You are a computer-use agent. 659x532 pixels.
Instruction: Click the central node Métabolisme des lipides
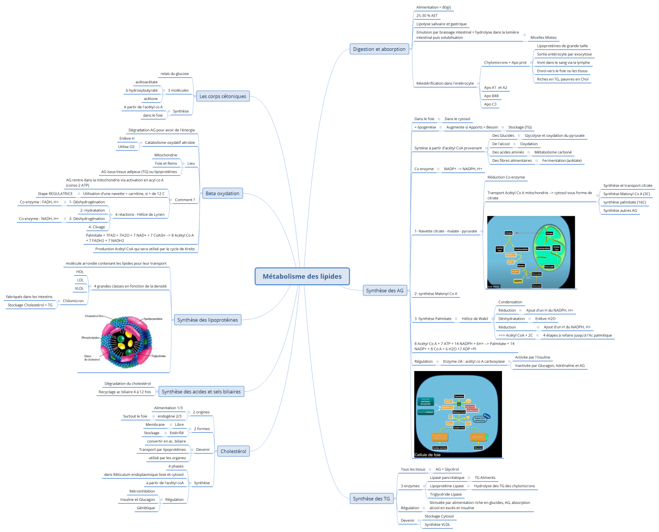302,276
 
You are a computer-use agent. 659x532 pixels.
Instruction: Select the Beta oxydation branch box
222,193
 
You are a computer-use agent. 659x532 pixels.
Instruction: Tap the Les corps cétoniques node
223,96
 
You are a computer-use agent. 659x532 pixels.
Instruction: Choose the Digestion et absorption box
379,49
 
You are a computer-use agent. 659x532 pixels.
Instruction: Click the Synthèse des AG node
385,290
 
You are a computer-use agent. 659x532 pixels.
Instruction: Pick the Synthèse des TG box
371,499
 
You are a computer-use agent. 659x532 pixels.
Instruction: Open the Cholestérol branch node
233,451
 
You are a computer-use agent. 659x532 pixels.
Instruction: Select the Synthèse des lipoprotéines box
207,320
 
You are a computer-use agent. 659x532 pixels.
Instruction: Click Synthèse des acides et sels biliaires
201,392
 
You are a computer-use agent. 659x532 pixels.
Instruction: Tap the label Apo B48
491,96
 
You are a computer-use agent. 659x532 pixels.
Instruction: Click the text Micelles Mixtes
543,38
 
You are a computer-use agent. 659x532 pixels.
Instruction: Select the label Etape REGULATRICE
55,194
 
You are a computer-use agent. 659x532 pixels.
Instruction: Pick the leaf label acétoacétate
146,82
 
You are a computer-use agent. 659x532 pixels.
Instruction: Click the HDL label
80,272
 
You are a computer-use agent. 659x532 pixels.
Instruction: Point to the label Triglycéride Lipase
445,494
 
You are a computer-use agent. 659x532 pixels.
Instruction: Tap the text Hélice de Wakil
474,319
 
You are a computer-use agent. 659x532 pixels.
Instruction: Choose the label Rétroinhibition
142,491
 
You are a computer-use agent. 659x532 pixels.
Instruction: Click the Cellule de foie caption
427,455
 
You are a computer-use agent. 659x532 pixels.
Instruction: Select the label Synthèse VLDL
437,525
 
